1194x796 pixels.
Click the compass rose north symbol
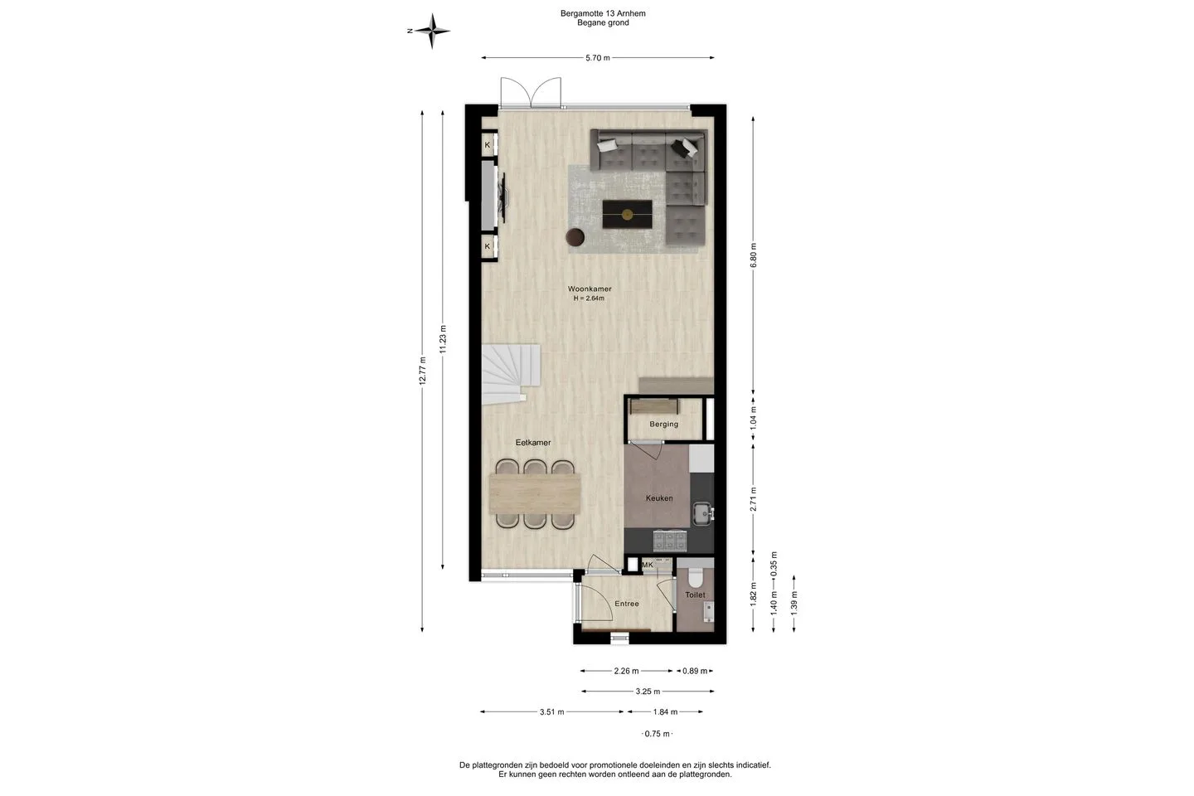pyautogui.click(x=432, y=31)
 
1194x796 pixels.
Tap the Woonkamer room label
pyautogui.click(x=590, y=289)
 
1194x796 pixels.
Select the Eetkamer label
pyautogui.click(x=533, y=443)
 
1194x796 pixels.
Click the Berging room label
pyautogui.click(x=663, y=424)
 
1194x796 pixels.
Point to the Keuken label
pyautogui.click(x=659, y=498)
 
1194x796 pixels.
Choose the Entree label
pyautogui.click(x=627, y=604)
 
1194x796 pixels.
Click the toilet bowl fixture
pyautogui.click(x=695, y=577)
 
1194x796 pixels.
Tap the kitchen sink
pyautogui.click(x=703, y=513)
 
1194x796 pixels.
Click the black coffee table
pyautogui.click(x=628, y=214)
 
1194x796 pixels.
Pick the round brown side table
pyautogui.click(x=575, y=237)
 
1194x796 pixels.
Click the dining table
pyautogui.click(x=535, y=493)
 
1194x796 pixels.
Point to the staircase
pyautogui.click(x=511, y=374)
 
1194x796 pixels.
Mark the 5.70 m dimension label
pyautogui.click(x=598, y=57)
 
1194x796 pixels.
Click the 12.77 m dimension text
pyautogui.click(x=422, y=371)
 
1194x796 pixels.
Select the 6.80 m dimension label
pyautogui.click(x=753, y=255)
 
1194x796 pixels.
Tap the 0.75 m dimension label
pyautogui.click(x=658, y=734)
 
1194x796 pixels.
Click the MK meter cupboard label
pyautogui.click(x=648, y=565)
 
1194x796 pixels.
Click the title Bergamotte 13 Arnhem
pyautogui.click(x=603, y=13)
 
